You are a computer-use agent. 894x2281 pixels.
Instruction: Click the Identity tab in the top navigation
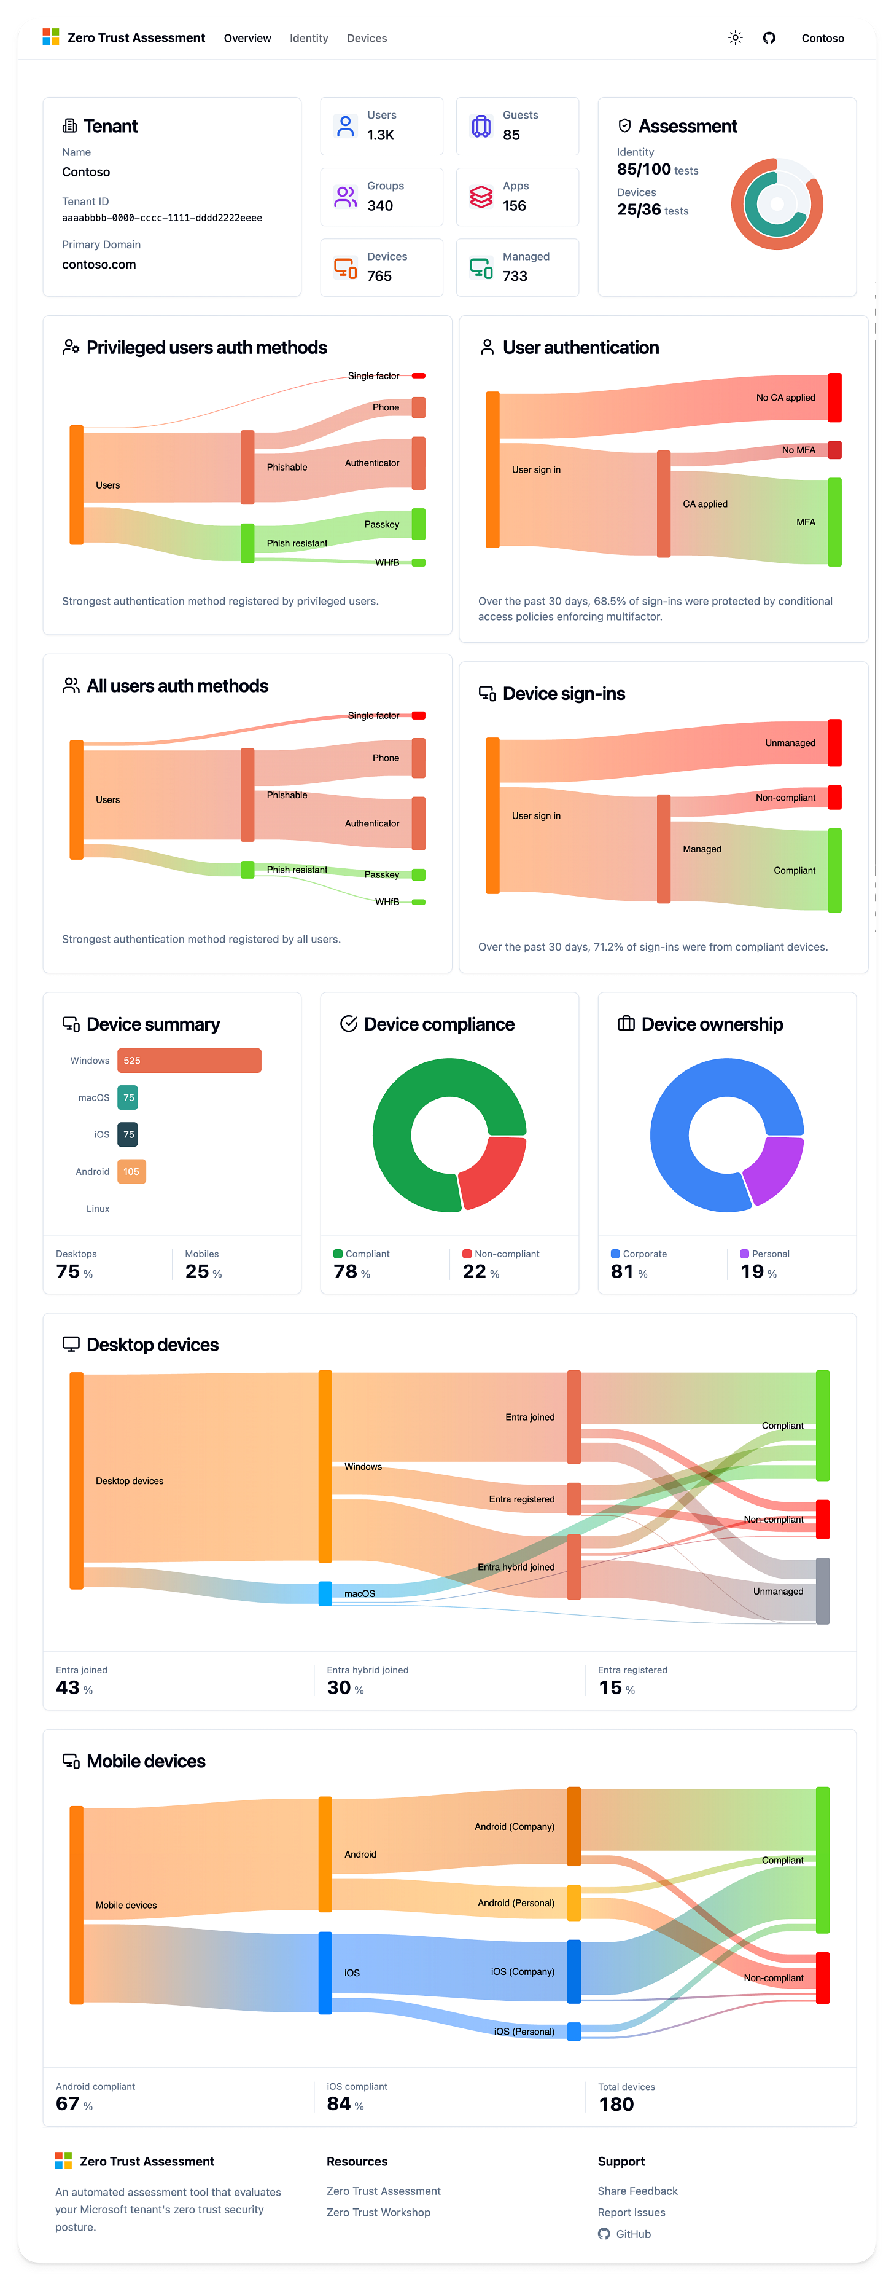[308, 38]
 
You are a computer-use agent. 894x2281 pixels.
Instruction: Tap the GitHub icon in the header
[768, 38]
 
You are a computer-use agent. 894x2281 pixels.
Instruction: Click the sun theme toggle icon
[735, 38]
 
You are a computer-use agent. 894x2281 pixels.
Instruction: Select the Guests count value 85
[511, 135]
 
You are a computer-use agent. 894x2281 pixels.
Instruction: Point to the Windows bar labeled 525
[189, 1060]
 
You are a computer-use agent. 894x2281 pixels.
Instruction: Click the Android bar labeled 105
[131, 1171]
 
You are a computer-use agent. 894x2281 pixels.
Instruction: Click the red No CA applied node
[834, 398]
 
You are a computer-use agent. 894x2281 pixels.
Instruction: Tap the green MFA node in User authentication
[834, 522]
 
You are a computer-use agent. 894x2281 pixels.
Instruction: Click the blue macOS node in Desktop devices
[325, 1593]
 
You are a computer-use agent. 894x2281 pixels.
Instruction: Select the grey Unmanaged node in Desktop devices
[822, 1591]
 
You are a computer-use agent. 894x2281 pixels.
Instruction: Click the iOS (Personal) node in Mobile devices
[573, 2032]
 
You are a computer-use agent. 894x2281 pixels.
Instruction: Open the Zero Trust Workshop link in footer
[378, 2212]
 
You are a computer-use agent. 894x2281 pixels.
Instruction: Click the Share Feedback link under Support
[637, 2191]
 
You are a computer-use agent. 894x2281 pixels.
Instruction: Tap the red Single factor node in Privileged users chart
[419, 376]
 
